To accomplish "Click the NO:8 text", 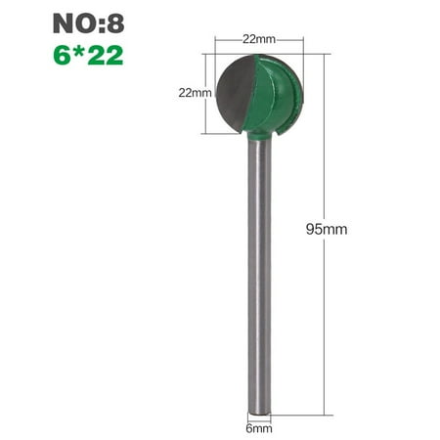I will point(89,21).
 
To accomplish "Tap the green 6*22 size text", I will point(89,55).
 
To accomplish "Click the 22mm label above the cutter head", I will point(258,39).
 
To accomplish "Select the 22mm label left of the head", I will point(195,93).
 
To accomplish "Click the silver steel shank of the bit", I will point(259,274).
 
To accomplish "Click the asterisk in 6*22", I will point(79,53).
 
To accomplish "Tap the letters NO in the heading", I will point(72,21).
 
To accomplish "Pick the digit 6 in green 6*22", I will point(65,55).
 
